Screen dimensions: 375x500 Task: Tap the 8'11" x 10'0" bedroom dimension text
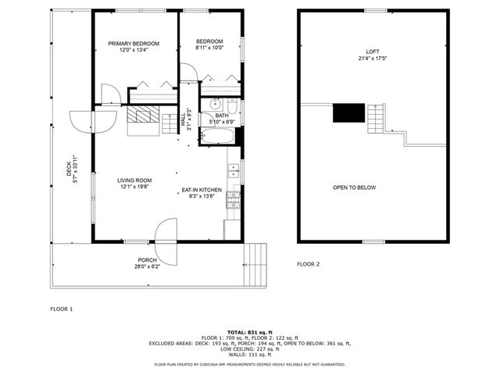209,48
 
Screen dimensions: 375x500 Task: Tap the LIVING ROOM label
134,180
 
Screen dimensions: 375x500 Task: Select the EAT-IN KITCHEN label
202,190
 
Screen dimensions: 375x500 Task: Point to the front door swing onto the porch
166,232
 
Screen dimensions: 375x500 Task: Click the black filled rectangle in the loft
349,113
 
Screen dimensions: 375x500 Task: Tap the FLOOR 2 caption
308,264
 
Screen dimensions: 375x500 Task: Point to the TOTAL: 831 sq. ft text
249,332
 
